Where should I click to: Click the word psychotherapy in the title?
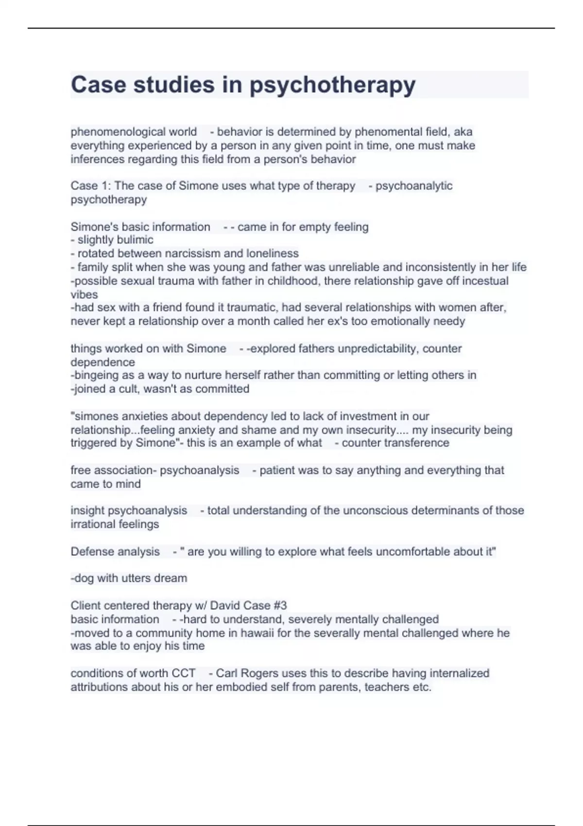click(333, 85)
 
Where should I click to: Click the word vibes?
click(84, 294)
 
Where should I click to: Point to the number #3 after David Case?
click(280, 605)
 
